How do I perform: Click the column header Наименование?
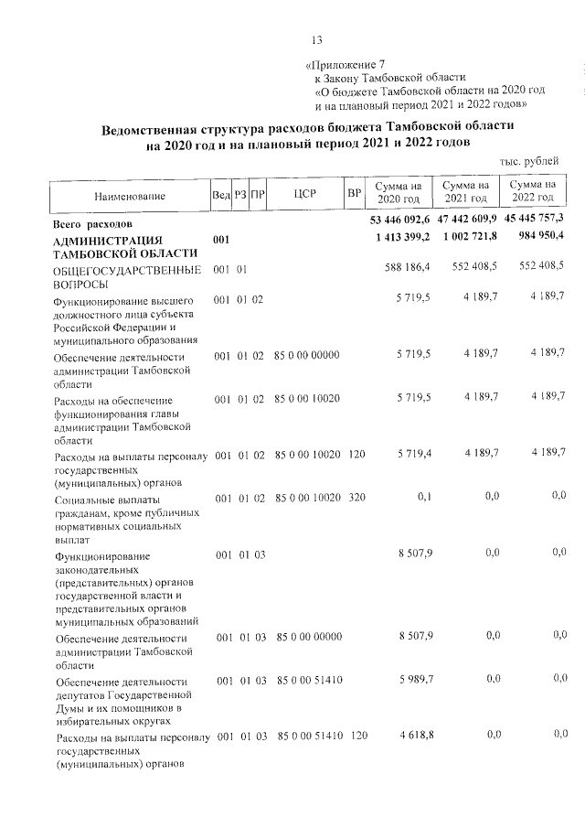click(129, 197)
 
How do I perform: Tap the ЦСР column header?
click(305, 196)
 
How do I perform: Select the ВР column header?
click(354, 196)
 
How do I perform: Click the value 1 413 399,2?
click(403, 239)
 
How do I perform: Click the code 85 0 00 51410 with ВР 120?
click(309, 736)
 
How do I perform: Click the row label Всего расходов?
click(94, 222)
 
